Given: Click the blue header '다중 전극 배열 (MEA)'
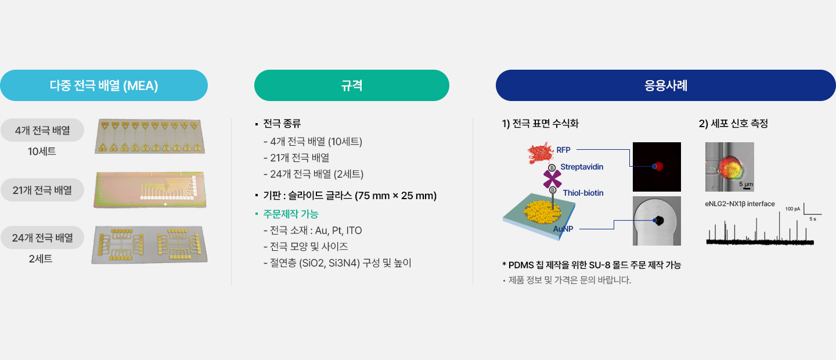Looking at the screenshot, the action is [104, 85].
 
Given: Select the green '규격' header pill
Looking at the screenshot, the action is [352, 85].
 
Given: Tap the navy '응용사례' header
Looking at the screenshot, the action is [665, 85].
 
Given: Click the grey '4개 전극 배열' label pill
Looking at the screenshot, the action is [42, 130].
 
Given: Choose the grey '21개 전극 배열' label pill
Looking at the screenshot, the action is [42, 190].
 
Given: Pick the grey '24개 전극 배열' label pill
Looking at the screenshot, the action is [42, 237].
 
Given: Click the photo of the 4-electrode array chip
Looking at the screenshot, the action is [150, 136].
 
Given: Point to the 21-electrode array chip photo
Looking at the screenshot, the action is [150, 190].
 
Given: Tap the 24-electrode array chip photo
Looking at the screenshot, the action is [149, 244].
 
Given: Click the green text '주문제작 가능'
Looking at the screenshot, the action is [291, 214].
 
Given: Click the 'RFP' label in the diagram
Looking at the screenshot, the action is [563, 150].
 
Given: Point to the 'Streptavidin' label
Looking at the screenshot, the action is [582, 167].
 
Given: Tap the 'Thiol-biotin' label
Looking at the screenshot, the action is [583, 193].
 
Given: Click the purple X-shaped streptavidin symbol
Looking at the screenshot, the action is [552, 179].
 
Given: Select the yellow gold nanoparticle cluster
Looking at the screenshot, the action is [542, 212].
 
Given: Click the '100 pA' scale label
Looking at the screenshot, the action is [792, 209].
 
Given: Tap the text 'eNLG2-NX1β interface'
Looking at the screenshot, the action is [740, 204].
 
